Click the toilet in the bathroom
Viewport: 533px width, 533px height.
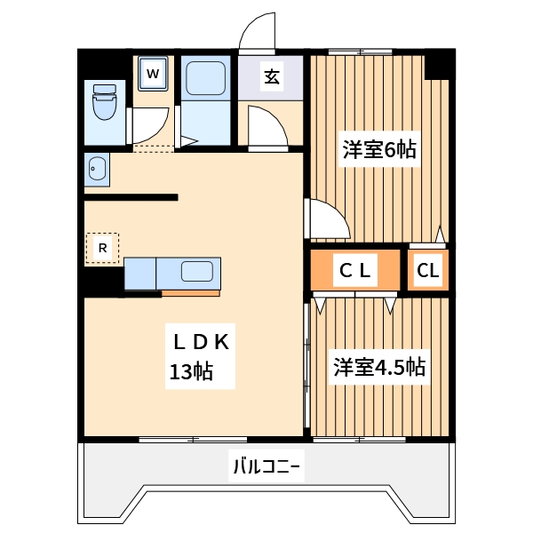click(x=104, y=104)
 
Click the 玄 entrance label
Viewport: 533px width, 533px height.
click(x=272, y=76)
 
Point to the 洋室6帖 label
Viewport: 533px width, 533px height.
click(x=379, y=149)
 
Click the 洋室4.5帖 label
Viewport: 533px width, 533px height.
click(x=378, y=367)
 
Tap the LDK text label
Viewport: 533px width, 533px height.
click(x=202, y=340)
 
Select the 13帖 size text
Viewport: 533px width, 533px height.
click(x=191, y=371)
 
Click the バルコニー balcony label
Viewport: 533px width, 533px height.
click(x=266, y=465)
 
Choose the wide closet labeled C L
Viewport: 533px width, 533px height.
click(x=354, y=271)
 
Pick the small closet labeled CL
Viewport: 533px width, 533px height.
click(x=428, y=271)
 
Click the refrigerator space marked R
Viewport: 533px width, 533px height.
click(x=102, y=248)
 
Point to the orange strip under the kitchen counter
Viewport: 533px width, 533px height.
click(x=190, y=292)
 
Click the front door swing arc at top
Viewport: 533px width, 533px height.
click(x=259, y=34)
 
